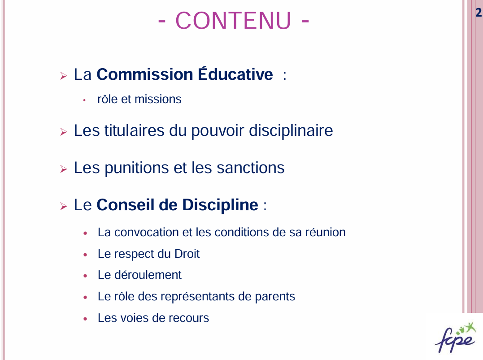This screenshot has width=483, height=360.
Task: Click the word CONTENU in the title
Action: click(x=233, y=21)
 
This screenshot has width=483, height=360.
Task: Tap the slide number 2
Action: click(x=479, y=12)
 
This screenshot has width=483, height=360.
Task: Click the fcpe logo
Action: click(x=456, y=338)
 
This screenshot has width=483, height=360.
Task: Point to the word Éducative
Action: click(x=235, y=74)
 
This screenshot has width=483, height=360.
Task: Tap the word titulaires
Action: click(x=134, y=130)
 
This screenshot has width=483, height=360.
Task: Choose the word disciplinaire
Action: click(x=291, y=130)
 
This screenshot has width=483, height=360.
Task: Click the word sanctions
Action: click(x=250, y=168)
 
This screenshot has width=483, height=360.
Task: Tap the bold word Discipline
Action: click(x=220, y=205)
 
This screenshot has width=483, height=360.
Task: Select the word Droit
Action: click(x=187, y=254)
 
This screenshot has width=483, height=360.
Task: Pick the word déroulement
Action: click(x=148, y=275)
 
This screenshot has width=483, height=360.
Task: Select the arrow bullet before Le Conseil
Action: click(x=63, y=206)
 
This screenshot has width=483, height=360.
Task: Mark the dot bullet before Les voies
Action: click(x=85, y=319)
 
